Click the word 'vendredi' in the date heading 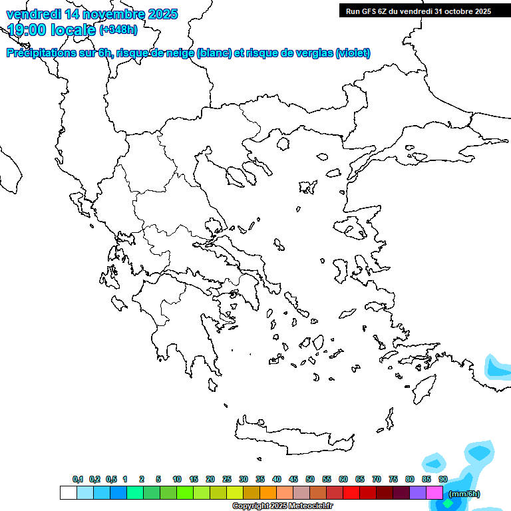(x=31, y=14)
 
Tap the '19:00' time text (x=27, y=29)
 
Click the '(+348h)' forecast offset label (x=119, y=29)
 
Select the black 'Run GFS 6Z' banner (x=418, y=11)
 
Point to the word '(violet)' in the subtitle (x=353, y=53)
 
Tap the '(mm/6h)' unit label (x=464, y=494)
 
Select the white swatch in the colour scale (x=68, y=493)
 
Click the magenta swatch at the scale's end (x=434, y=493)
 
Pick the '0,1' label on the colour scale (x=78, y=479)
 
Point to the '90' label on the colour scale (x=443, y=479)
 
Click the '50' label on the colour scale (x=310, y=479)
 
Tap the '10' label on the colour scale (x=177, y=479)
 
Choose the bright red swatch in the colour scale (x=351, y=493)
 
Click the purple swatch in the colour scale (x=418, y=493)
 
